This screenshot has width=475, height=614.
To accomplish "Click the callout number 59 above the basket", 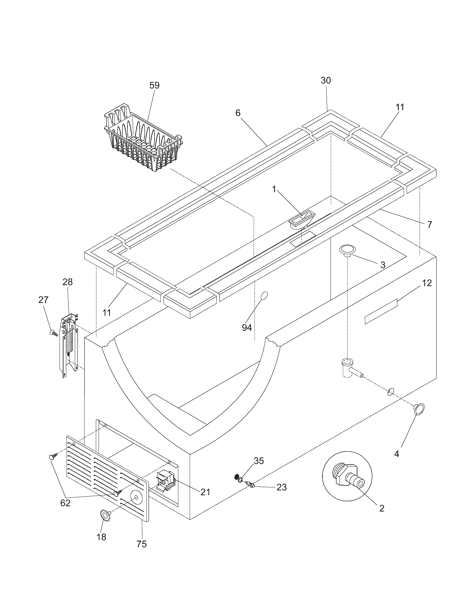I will tap(154, 85).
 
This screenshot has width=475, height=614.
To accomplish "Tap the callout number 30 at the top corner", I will tap(326, 80).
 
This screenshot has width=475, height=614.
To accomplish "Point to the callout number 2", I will tap(382, 508).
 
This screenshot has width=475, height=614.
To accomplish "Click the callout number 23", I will tap(281, 487).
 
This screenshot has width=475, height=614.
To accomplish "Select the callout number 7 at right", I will tap(429, 225).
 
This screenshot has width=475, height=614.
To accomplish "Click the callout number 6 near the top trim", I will tap(238, 113).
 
